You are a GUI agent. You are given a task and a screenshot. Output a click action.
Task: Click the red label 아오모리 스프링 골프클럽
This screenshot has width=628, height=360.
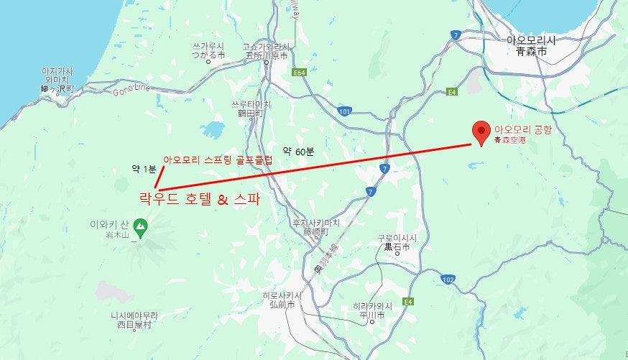[218, 160]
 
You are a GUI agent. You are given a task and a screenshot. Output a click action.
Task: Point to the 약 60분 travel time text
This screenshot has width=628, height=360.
[298, 151]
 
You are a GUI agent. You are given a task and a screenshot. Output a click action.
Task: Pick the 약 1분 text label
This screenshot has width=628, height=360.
[144, 168]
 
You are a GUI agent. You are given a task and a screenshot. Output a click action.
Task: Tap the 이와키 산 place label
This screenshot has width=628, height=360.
[109, 223]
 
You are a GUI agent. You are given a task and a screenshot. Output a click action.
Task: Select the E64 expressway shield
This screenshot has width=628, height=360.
[299, 73]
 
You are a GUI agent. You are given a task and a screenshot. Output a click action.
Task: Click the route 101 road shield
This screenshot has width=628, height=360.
[345, 111]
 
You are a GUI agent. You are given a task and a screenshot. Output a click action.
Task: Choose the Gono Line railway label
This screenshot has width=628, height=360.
[132, 88]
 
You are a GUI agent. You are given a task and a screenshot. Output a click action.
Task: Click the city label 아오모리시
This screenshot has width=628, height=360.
[531, 41]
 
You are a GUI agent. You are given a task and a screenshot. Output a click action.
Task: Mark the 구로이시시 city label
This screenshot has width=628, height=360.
[397, 238]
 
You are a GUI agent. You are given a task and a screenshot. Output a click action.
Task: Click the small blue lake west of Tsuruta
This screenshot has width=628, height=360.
[213, 129]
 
